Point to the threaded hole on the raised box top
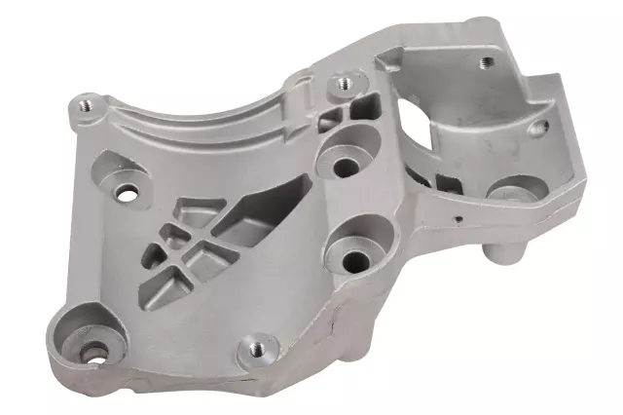(x=484, y=62)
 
